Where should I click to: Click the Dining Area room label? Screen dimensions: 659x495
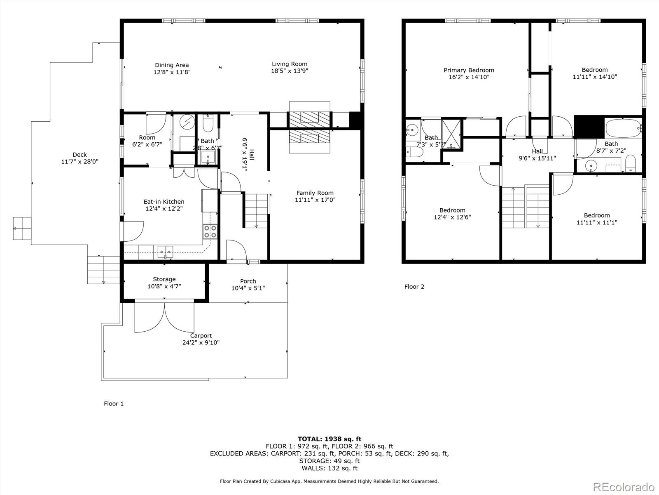(x=172, y=65)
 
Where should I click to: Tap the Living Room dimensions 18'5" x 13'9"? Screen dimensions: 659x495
(x=290, y=71)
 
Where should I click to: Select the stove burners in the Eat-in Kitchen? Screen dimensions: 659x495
(x=210, y=231)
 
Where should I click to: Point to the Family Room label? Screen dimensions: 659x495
(x=315, y=193)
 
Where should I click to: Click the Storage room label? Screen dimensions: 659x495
(x=164, y=279)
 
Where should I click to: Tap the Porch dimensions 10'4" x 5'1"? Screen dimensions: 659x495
(x=248, y=288)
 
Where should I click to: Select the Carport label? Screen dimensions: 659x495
(x=201, y=336)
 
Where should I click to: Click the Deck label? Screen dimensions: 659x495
(x=79, y=155)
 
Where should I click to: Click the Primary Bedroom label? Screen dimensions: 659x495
(x=469, y=70)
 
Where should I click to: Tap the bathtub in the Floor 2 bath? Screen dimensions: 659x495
(x=623, y=128)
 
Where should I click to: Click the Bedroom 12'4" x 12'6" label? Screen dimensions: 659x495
(x=452, y=210)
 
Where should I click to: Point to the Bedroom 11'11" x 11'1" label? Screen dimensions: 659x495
(x=596, y=215)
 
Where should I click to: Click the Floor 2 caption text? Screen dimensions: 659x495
(x=414, y=287)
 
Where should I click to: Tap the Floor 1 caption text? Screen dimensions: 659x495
(x=114, y=404)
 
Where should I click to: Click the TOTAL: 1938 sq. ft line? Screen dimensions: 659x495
(x=329, y=439)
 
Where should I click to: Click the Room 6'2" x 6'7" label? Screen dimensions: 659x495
(x=147, y=138)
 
